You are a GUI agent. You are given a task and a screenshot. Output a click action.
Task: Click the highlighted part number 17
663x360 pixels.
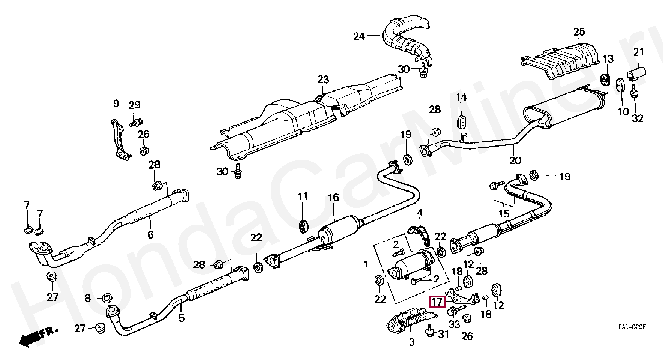pyautogui.click(x=437, y=301)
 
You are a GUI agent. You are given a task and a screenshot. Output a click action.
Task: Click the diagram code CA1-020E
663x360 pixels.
pyautogui.click(x=632, y=327)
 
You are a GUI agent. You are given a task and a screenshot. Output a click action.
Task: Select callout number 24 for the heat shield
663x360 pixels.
pyautogui.click(x=359, y=36)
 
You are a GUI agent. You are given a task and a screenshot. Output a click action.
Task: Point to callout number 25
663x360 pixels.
pyautogui.click(x=579, y=32)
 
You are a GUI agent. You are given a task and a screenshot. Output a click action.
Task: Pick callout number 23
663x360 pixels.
pyautogui.click(x=323, y=79)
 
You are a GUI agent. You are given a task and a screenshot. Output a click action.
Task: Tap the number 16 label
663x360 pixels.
pyautogui.click(x=333, y=198)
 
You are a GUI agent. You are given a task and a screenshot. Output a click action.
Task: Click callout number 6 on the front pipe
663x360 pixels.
pyautogui.click(x=150, y=235)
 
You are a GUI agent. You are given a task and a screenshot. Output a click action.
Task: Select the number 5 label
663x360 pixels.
pyautogui.click(x=181, y=318)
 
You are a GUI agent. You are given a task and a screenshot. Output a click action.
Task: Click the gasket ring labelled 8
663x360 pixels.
pyautogui.click(x=107, y=298)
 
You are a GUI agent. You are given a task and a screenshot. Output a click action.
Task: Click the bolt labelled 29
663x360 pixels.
pyautogui.click(x=136, y=122)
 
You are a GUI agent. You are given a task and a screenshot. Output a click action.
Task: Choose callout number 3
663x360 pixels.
pyautogui.click(x=411, y=342)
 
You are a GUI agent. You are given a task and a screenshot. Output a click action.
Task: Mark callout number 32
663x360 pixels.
pyautogui.click(x=637, y=118)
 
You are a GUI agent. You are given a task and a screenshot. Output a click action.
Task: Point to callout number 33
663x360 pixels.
pyautogui.click(x=454, y=324)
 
